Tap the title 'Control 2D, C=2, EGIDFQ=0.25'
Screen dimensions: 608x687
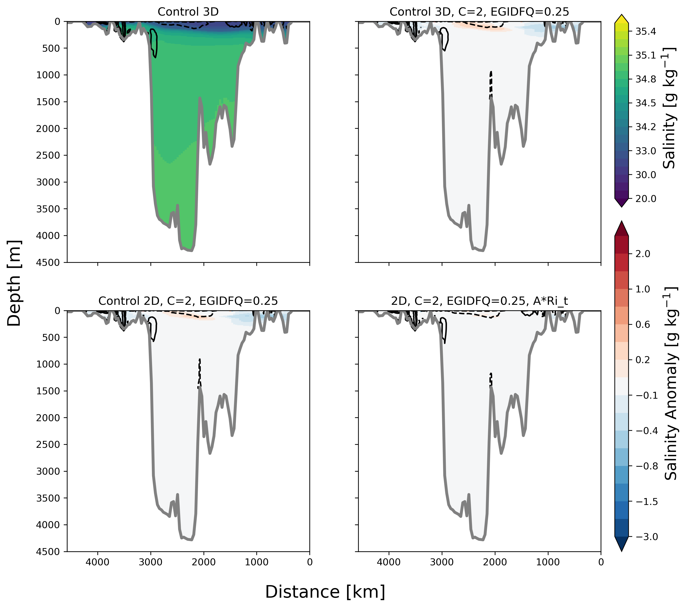click(x=188, y=301)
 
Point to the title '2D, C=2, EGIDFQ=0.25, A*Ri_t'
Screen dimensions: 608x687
click(x=479, y=301)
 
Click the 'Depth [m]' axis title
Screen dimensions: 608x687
click(x=14, y=283)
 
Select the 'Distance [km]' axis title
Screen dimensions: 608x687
click(x=325, y=592)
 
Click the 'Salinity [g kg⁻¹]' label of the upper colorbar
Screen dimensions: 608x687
click(x=669, y=108)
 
